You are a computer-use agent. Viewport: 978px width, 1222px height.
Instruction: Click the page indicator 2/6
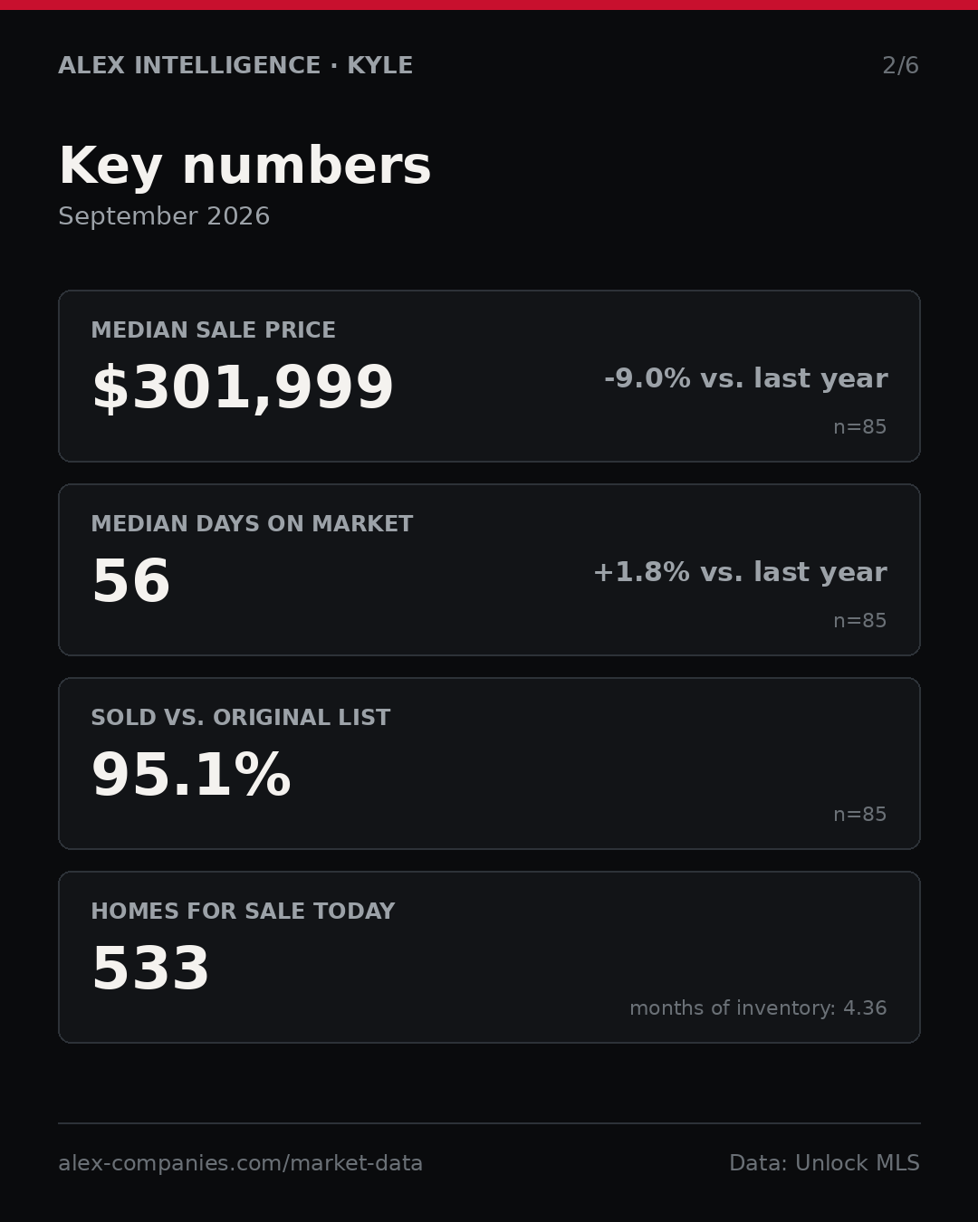[x=900, y=66]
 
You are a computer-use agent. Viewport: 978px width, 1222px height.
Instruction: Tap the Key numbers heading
[x=244, y=166]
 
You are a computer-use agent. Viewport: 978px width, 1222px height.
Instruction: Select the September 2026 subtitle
[x=164, y=216]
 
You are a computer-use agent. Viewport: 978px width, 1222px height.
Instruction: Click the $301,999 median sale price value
[x=243, y=387]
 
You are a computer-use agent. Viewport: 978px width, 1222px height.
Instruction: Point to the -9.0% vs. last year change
[x=745, y=378]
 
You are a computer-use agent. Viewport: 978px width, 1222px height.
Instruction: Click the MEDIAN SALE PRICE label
[x=213, y=329]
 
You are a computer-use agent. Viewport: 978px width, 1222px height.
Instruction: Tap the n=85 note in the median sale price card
[x=859, y=427]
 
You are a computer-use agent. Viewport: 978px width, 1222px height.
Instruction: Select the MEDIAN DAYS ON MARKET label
[x=252, y=523]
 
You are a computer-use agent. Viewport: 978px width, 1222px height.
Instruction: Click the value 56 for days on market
[x=131, y=580]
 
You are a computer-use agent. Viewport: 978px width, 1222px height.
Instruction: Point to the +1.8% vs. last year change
[x=740, y=572]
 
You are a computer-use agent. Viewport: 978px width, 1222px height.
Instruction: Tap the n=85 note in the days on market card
[x=859, y=621]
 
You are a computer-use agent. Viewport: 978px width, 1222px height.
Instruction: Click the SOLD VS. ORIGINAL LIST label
[x=240, y=717]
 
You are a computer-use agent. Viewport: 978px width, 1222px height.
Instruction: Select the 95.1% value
[x=191, y=775]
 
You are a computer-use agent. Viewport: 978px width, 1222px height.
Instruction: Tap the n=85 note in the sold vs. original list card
[x=859, y=815]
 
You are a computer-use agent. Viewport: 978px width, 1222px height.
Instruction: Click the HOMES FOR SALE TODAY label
[x=243, y=911]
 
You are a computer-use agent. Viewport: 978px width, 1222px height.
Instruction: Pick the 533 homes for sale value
[x=150, y=969]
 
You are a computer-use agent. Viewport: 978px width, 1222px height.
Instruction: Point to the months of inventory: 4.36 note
[x=758, y=1007]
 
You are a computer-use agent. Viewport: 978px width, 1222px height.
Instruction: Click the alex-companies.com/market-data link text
[x=240, y=1163]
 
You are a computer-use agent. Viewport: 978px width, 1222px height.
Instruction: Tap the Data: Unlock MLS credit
[x=824, y=1163]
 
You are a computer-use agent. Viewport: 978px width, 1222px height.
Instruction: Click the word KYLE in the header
[x=379, y=65]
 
